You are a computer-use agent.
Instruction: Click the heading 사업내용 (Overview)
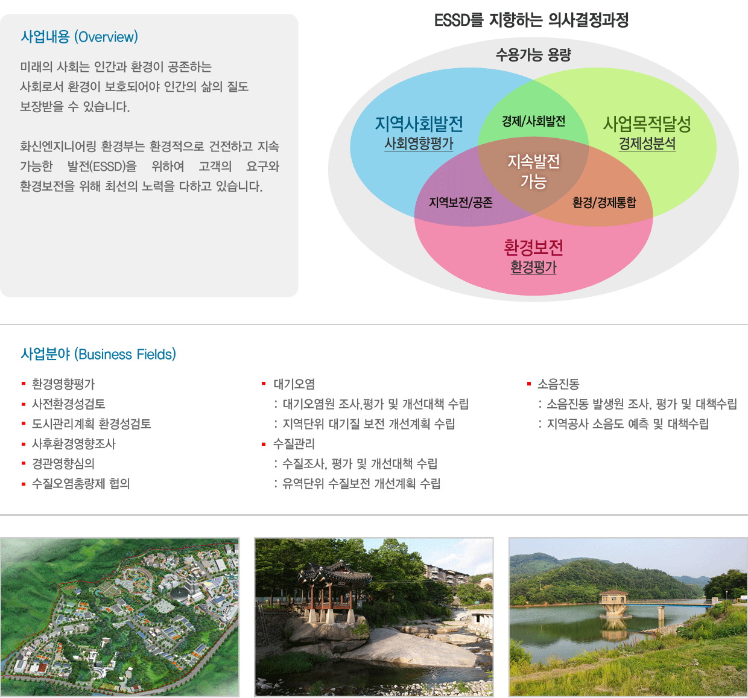[80, 37]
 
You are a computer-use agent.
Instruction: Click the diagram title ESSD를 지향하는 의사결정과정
[531, 20]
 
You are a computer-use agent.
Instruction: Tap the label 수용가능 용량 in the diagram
[533, 55]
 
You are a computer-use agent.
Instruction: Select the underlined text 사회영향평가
[419, 144]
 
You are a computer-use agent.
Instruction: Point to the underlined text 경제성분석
[647, 144]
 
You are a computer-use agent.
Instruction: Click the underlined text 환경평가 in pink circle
[533, 267]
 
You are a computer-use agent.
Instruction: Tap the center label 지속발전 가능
[533, 171]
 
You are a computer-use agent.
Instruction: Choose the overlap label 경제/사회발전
[533, 121]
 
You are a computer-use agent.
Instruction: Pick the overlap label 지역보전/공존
[461, 203]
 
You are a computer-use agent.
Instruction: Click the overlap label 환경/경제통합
[604, 203]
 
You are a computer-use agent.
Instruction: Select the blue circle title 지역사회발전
[419, 124]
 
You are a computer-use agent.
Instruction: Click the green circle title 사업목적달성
[647, 124]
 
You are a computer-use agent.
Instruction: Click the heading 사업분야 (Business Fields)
[98, 354]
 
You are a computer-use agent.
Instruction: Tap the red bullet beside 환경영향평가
[24, 384]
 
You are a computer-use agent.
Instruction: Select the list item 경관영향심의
[63, 463]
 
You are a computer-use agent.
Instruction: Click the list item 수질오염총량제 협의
[81, 483]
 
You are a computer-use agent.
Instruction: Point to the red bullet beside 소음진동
[529, 384]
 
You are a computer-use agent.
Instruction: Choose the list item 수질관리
[294, 444]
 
